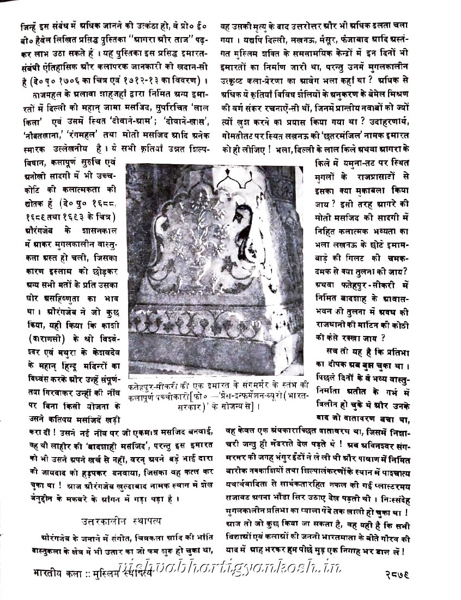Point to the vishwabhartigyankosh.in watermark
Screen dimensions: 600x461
(229, 567)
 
